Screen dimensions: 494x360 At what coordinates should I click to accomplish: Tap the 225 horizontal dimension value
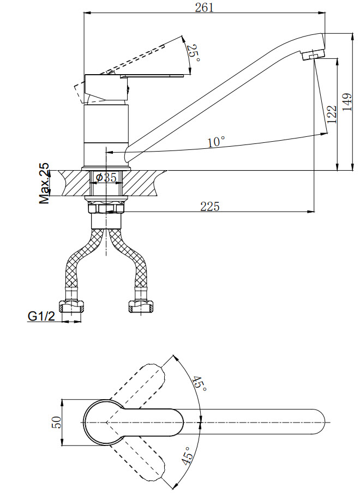tap(209, 206)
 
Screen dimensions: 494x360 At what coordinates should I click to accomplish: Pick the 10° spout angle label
tap(216, 142)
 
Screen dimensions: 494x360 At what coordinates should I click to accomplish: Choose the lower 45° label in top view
tap(187, 454)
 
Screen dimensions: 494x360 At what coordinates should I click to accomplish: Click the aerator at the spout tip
tap(311, 56)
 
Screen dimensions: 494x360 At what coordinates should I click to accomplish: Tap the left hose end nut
tap(71, 306)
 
